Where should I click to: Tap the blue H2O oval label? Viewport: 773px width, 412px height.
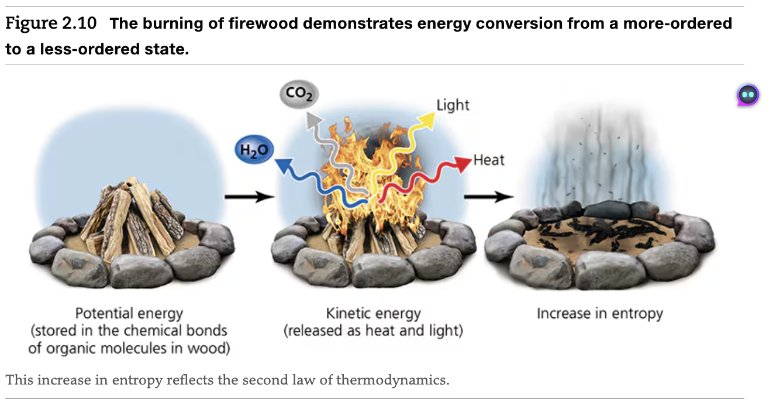[254, 150]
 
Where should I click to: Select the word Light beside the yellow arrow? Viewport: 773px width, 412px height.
[453, 105]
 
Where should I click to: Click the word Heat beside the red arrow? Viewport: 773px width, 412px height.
[489, 160]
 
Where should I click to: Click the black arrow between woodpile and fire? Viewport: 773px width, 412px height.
[249, 197]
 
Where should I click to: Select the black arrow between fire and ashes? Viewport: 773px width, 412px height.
[488, 197]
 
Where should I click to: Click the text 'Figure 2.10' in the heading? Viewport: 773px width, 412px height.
[51, 25]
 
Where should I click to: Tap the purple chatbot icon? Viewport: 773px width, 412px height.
[747, 95]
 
